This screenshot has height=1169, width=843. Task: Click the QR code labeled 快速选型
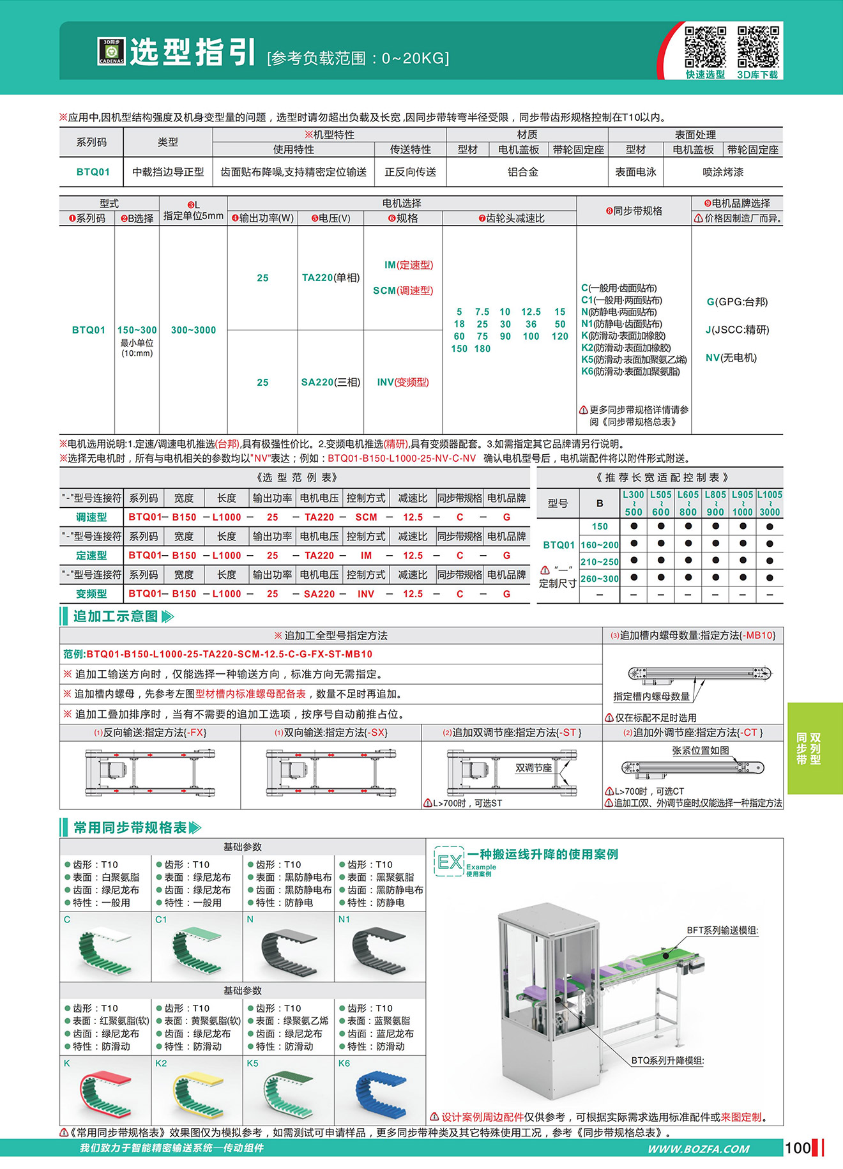705,47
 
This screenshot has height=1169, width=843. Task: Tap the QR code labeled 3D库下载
758,47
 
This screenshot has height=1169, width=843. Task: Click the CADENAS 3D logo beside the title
111,51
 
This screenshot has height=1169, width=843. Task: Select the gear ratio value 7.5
482,312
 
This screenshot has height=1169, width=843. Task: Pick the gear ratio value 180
482,349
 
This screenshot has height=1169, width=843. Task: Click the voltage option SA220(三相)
331,382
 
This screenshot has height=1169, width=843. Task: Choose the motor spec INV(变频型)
403,382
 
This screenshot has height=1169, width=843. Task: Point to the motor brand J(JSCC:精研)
737,330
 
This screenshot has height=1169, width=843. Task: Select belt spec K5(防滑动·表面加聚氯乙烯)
634,360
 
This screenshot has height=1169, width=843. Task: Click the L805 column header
715,503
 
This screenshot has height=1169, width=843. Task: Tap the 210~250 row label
599,562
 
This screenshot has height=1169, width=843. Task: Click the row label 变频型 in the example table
91,593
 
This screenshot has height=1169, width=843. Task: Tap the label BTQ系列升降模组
667,1060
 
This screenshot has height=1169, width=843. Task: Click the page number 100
798,1148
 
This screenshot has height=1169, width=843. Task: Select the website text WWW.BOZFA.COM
698,1149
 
